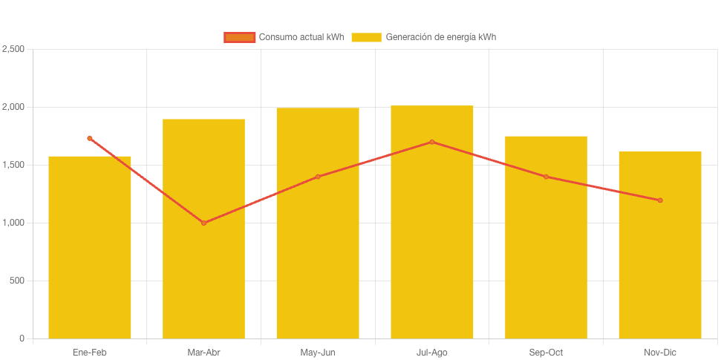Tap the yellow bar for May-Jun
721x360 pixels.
318,223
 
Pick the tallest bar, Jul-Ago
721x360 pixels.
431,222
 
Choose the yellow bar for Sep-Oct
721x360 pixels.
546,238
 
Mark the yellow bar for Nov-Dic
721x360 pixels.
659,245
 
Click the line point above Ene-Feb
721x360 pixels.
90,138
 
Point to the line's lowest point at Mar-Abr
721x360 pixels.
203,223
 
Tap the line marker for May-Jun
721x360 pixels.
318,177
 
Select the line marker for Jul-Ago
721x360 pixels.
431,142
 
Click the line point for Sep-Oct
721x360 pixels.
546,177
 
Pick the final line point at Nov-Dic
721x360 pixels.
659,200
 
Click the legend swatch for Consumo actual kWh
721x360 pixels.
239,37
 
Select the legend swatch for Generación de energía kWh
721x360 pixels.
366,37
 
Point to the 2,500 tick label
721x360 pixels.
13,49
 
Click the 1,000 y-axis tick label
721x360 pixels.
13,223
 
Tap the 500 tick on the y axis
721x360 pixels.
17,281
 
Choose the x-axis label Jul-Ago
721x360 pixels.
431,353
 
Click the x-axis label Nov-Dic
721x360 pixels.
659,353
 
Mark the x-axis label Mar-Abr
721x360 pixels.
203,353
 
